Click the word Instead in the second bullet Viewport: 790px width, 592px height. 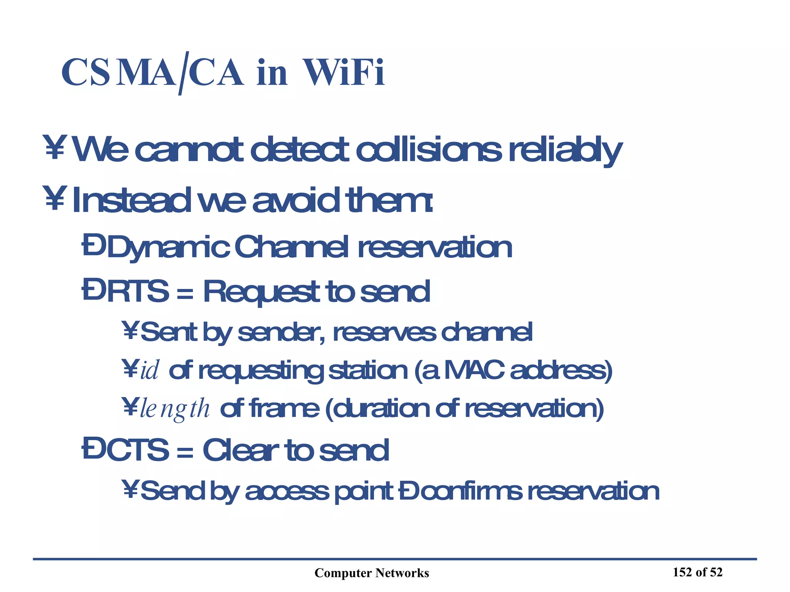[131, 200]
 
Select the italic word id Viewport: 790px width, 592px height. [149, 370]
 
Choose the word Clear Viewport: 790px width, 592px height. [241, 450]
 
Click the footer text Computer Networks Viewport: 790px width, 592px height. [371, 573]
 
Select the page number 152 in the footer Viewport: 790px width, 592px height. [682, 572]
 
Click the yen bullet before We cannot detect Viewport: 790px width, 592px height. [54, 147]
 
